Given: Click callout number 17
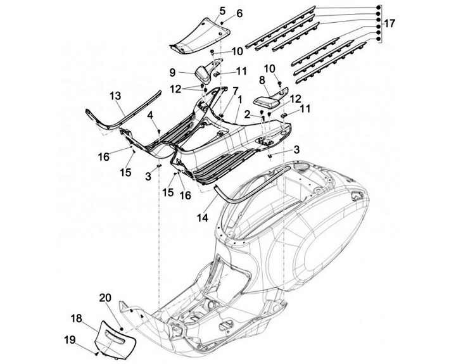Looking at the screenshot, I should [389, 23].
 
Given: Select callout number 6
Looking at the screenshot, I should [222, 14].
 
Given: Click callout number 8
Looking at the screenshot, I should [262, 80].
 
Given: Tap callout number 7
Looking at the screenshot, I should [217, 90].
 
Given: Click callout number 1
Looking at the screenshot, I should [239, 100].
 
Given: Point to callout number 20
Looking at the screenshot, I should [105, 297].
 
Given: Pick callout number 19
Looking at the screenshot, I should [70, 339].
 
